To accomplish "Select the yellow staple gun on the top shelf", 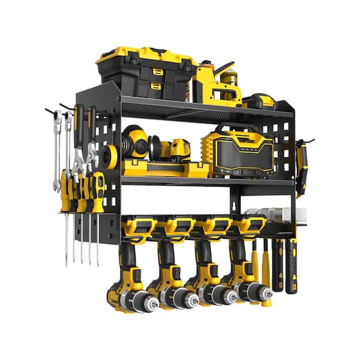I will (216, 84).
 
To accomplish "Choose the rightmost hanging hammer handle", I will (291, 264).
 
